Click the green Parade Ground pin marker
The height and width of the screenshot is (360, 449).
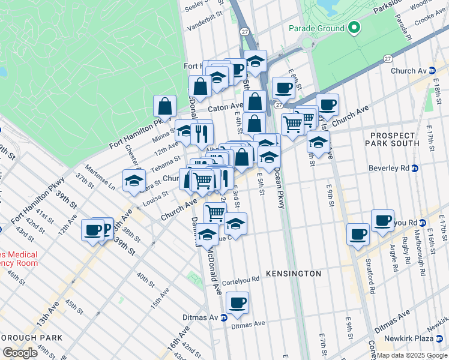[354, 28]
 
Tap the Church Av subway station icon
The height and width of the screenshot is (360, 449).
[432, 71]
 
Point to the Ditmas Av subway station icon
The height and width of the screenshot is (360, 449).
[223, 317]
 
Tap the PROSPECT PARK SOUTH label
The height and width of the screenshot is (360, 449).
[395, 139]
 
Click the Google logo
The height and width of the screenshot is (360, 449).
[20, 352]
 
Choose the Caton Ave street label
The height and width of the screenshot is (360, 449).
[225, 109]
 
